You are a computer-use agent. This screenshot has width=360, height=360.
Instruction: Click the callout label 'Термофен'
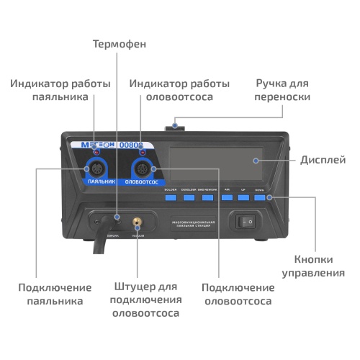coord(119,44)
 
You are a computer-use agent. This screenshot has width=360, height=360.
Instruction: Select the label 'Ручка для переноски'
coord(284,90)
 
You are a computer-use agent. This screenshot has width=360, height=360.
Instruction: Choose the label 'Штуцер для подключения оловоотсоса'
coord(145,300)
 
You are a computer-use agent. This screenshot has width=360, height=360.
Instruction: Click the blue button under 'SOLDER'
coord(171,197)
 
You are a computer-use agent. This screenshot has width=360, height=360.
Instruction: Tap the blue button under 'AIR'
coord(227,197)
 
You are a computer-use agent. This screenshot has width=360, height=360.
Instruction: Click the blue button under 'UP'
coord(243,197)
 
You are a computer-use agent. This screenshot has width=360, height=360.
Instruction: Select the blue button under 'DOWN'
coord(259,197)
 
